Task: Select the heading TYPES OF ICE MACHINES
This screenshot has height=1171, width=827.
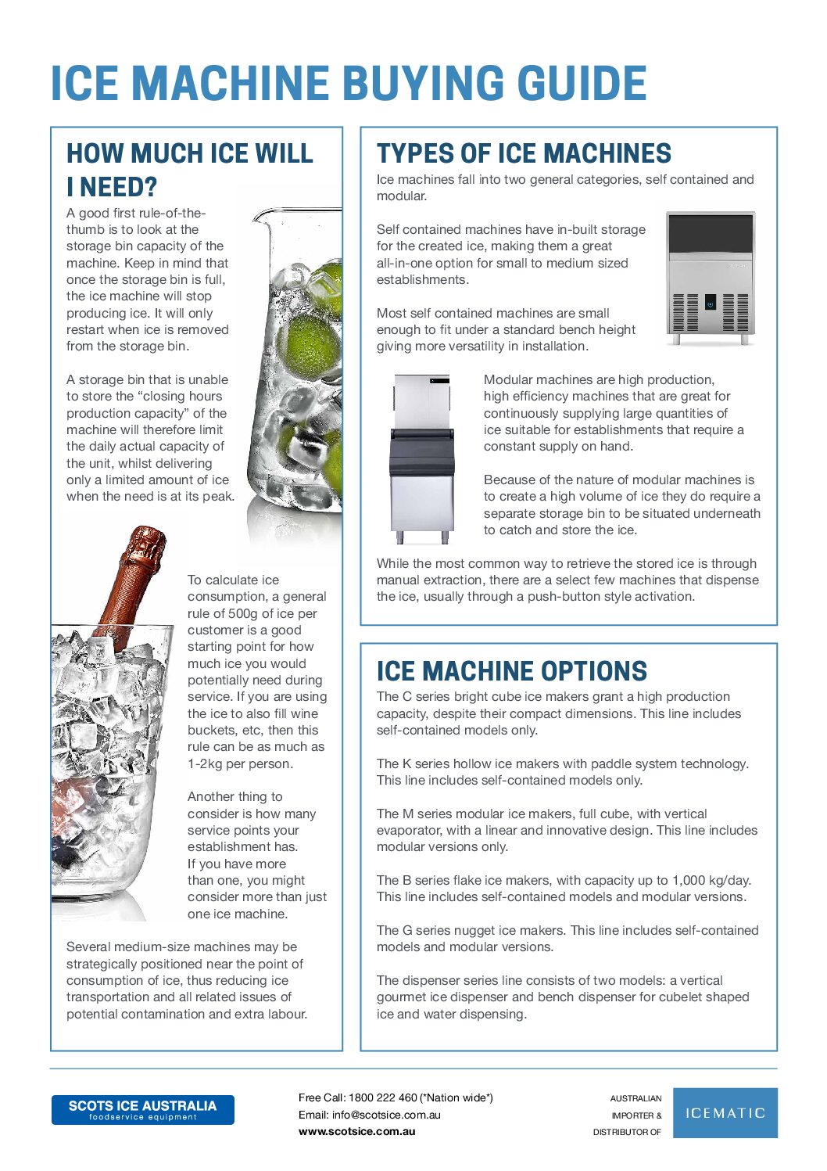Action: click(524, 153)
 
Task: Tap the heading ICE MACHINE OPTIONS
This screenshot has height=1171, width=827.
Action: click(512, 671)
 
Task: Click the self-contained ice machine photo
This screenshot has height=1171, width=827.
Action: click(711, 278)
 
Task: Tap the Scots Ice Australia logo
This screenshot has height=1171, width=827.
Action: click(142, 1110)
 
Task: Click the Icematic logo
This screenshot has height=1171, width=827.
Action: click(725, 1113)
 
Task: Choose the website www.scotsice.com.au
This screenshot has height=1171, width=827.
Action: click(356, 1131)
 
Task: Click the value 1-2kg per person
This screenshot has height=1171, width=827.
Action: click(240, 763)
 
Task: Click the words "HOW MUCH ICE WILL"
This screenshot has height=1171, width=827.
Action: click(190, 153)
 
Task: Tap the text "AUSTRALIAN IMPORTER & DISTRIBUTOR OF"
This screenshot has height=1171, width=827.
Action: click(628, 1115)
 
